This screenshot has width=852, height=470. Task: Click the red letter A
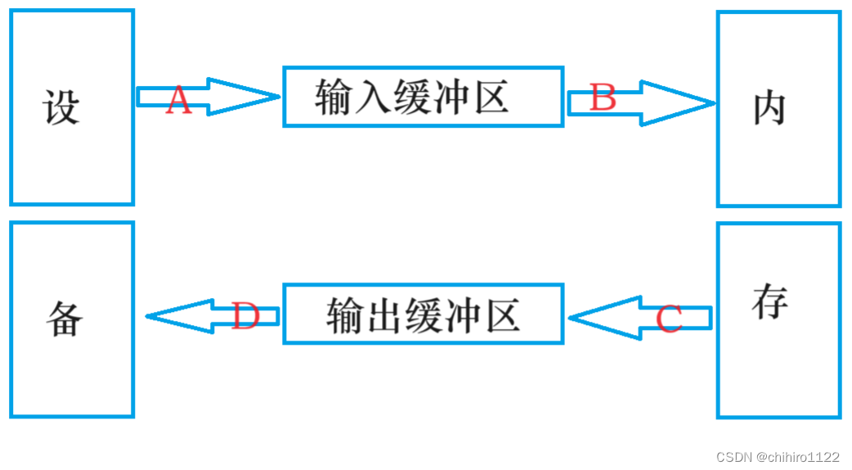pos(178,101)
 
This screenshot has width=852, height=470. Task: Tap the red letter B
pos(603,99)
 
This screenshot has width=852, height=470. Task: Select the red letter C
pos(669,319)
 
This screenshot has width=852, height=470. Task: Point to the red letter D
pos(245,316)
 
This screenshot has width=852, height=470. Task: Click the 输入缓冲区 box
pos(423,97)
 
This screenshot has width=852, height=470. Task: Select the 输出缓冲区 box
pos(423,314)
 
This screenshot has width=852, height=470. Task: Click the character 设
pos(61,107)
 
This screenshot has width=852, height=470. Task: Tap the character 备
pos(64,318)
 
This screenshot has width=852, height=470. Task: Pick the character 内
pos(769,108)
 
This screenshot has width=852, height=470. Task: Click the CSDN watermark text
pos(733,457)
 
